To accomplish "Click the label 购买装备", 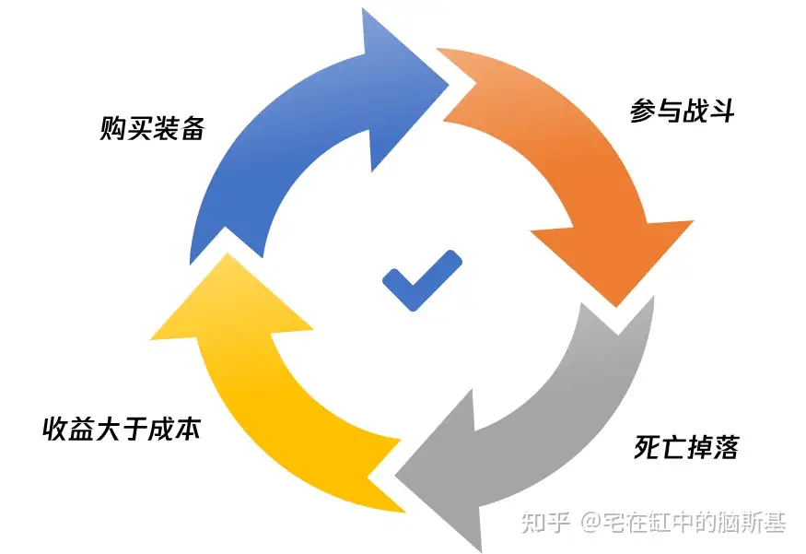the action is click(151, 128).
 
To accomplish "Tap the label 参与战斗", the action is click(682, 112).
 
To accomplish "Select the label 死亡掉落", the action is click(686, 447).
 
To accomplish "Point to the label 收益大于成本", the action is click(121, 429).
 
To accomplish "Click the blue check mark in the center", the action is click(421, 278).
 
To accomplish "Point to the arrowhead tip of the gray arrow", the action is click(400, 476).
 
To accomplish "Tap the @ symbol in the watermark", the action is click(590, 523).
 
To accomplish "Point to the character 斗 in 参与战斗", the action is click(721, 112).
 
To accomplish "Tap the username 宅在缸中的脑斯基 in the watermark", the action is click(695, 522).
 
